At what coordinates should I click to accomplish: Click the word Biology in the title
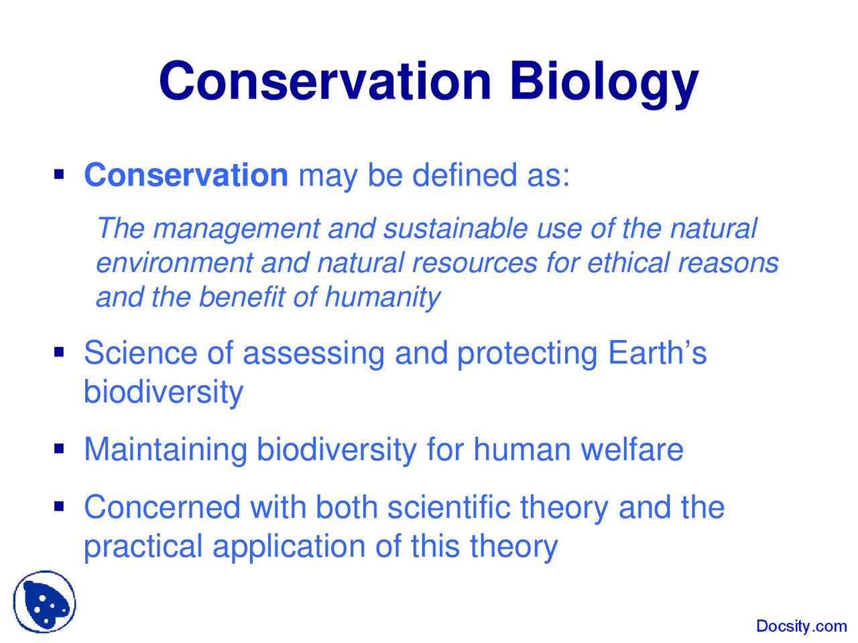[x=603, y=82]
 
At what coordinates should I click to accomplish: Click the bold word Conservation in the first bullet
[x=186, y=175]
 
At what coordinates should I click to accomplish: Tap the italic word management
[x=236, y=228]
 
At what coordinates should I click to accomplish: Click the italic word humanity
[x=382, y=297]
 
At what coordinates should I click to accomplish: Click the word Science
[x=140, y=353]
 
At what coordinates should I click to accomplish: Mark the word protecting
[x=527, y=354]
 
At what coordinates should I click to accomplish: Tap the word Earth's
[x=657, y=353]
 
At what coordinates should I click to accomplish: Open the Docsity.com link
[x=801, y=626]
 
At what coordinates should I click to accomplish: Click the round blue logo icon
[x=44, y=602]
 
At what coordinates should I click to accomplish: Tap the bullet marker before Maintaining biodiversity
[x=59, y=448]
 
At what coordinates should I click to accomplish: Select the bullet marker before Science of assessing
[x=59, y=352]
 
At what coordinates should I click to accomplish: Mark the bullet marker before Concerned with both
[x=59, y=506]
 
